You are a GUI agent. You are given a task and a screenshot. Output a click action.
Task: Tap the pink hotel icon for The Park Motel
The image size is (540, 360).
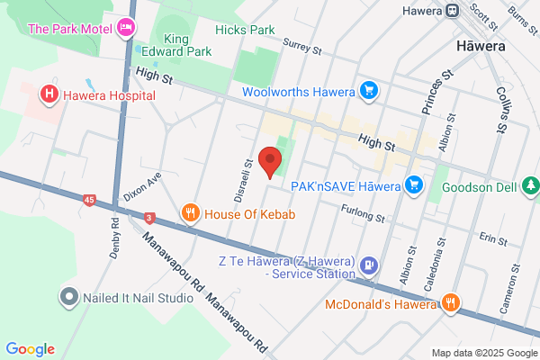coord(127,29)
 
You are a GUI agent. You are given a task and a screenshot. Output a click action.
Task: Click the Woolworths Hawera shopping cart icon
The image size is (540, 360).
coord(367,91)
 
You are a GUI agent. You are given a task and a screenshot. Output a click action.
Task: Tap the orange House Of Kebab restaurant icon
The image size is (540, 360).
coord(190,213)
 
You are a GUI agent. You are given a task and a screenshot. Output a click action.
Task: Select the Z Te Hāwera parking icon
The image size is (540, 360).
coord(368,265)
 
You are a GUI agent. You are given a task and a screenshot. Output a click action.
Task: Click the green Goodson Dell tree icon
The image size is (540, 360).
coord(531,184)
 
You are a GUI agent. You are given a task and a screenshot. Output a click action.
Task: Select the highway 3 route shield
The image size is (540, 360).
coord(148,218)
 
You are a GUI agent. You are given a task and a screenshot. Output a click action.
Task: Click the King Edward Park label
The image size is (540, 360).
coord(187,45)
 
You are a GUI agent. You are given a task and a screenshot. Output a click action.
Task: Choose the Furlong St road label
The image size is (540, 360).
coord(363,214)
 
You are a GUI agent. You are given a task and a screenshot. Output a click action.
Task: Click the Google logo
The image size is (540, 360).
coord(30,349)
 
